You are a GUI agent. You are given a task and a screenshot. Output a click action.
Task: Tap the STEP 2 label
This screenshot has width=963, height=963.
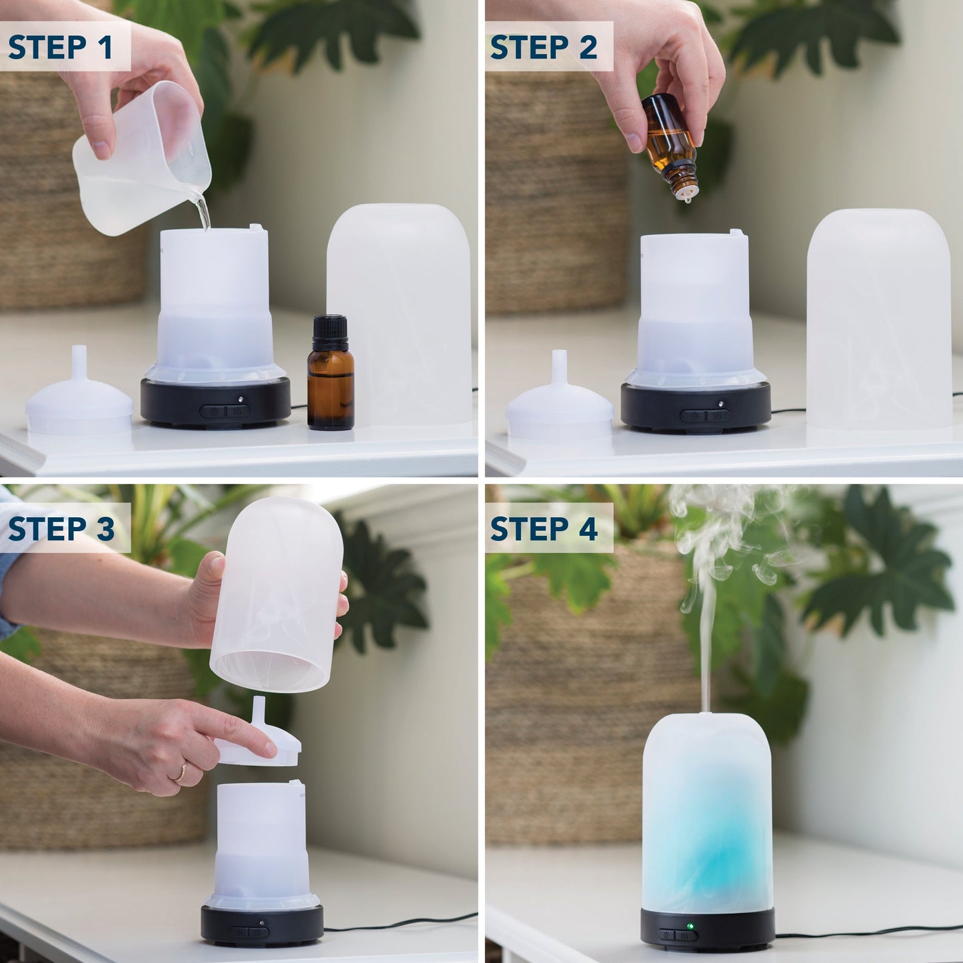pos(544,47)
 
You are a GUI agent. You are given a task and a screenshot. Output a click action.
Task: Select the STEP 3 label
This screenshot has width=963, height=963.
pos(61,528)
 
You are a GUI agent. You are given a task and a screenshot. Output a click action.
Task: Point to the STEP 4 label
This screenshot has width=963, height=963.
pos(544,528)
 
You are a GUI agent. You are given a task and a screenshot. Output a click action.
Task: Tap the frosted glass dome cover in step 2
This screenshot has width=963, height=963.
pos(878,320)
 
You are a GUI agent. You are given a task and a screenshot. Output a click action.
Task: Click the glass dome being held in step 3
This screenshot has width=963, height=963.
pos(277,593)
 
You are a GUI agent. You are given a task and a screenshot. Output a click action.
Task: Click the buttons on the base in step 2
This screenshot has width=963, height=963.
pos(704,416)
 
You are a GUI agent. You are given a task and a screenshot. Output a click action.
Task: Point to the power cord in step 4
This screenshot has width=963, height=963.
pos(866,933)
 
